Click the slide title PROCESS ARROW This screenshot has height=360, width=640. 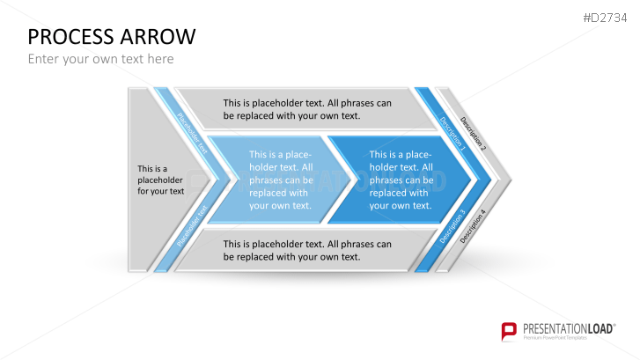112,37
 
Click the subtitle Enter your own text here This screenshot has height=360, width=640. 101,59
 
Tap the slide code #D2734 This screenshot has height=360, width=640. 605,18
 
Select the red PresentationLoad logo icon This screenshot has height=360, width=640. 509,331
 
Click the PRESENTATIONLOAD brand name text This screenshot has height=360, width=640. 569,329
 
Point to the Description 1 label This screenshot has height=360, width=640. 452,134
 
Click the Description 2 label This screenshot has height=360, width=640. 473,134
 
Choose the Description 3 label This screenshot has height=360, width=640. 452,226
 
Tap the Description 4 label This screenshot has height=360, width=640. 473,226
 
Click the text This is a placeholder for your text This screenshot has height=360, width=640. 160,180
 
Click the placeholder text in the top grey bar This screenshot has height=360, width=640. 307,109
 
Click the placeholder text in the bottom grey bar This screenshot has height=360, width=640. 307,251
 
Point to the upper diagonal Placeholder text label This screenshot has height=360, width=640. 192,133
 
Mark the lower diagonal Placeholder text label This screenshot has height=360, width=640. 192,226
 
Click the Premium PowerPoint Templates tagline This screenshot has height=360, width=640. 555,338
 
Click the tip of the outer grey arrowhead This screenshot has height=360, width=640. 511,180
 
